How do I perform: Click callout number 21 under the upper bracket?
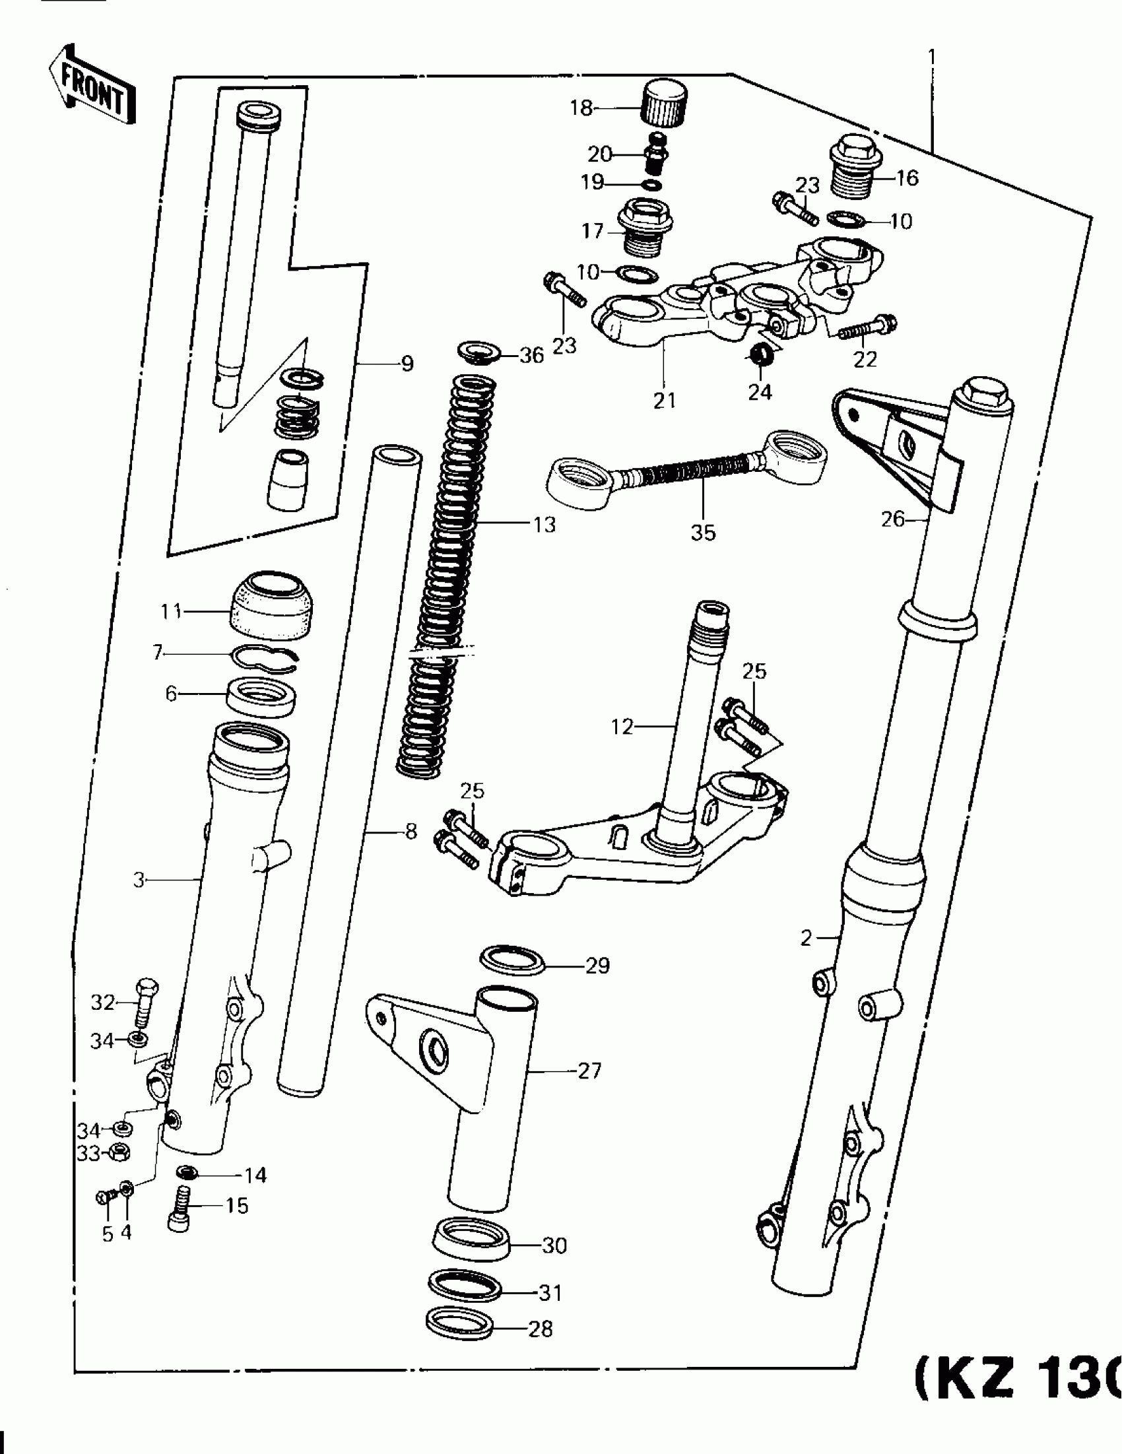click(x=664, y=401)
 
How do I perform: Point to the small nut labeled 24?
click(x=760, y=354)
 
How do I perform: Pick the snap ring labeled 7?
click(x=266, y=656)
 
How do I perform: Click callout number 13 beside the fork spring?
click(x=544, y=525)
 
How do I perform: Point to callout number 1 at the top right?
click(x=931, y=57)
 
